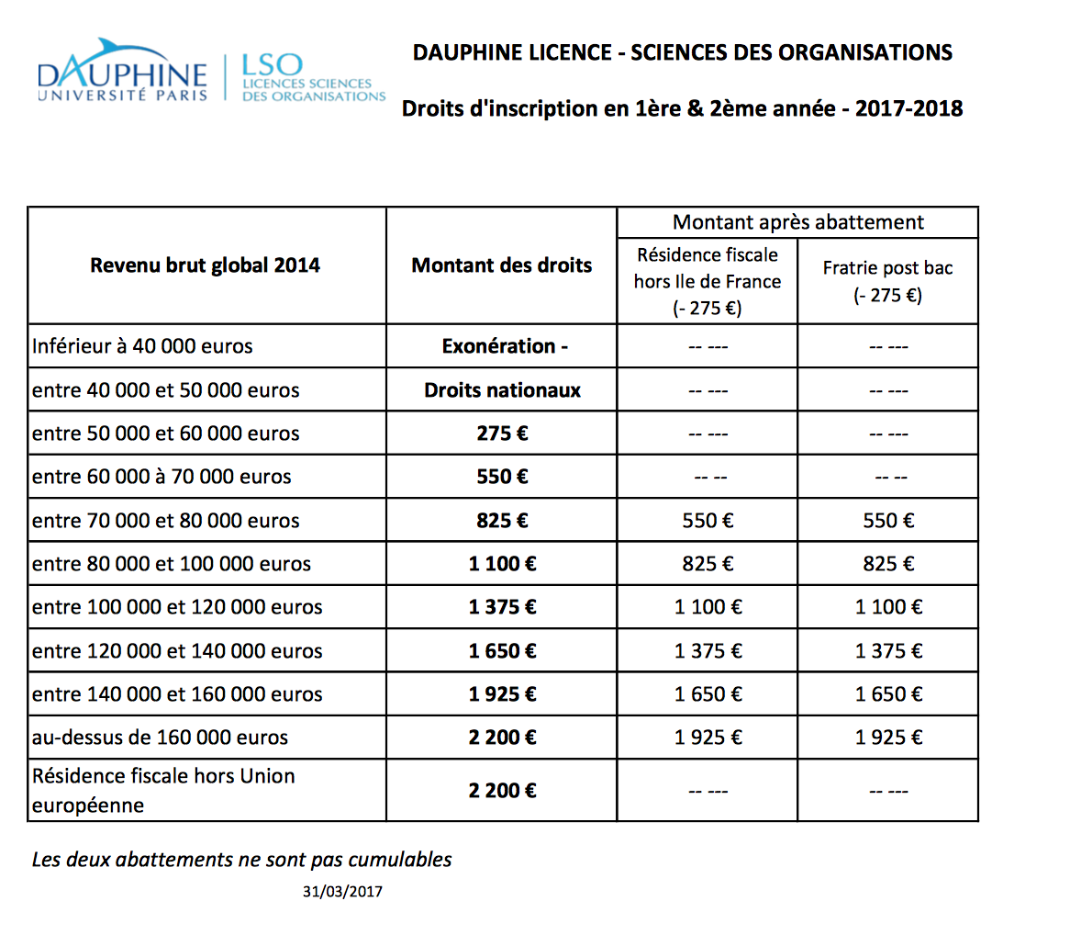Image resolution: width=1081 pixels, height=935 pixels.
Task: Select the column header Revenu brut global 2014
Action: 205,265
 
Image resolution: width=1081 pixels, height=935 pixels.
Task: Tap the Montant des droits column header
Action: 502,265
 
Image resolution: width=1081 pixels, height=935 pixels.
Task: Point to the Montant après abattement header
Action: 797,222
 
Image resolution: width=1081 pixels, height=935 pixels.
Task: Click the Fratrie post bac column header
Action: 887,281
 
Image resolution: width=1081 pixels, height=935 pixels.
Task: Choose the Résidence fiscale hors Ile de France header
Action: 708,281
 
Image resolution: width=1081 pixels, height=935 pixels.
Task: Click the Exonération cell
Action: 504,346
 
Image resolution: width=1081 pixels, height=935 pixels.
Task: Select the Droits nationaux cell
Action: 502,390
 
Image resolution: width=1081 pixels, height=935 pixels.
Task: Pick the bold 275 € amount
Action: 502,434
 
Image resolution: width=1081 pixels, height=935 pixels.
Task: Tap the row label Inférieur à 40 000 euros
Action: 142,346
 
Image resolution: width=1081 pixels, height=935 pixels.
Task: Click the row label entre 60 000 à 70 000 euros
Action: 162,477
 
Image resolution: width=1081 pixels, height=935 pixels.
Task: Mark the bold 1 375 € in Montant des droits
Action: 502,607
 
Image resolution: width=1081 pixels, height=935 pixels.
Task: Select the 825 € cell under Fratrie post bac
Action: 888,564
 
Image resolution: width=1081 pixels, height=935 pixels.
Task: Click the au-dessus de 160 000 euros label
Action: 160,738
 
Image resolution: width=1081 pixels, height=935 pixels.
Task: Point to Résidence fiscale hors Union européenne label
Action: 163,790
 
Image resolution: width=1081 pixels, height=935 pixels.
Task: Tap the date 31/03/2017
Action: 342,891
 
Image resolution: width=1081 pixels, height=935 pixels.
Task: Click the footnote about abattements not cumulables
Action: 241,860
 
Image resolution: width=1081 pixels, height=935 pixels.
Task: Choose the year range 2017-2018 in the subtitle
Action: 908,108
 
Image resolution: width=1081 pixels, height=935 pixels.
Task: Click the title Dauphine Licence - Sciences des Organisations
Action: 682,52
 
